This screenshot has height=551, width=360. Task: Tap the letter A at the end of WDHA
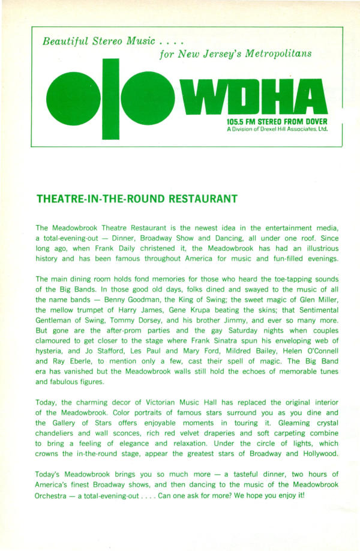click(x=310, y=98)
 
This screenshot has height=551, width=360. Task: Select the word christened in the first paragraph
click(x=142, y=250)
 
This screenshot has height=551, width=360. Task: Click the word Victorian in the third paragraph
click(x=170, y=402)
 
